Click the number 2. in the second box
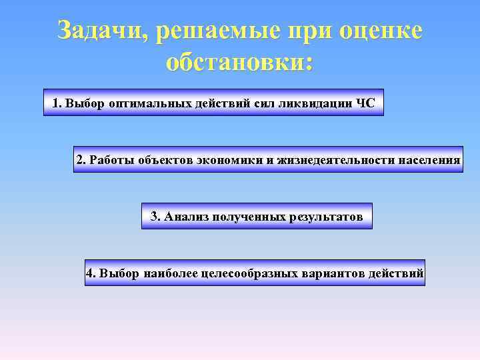tap(81, 160)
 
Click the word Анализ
tap(185, 217)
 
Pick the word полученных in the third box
tap(249, 217)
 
